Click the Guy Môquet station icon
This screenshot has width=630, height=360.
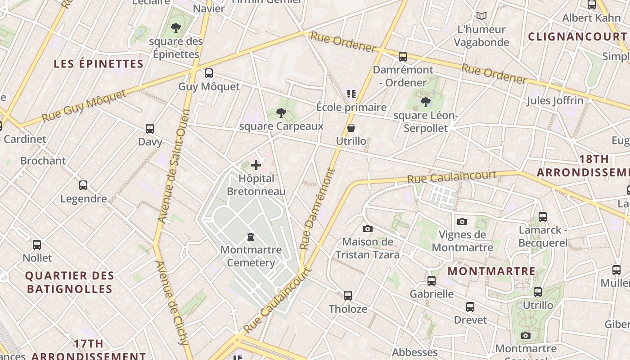point(208,73)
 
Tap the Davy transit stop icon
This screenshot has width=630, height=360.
point(150,129)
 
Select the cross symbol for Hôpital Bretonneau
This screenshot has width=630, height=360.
point(256,165)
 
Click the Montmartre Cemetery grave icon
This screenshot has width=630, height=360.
point(251,237)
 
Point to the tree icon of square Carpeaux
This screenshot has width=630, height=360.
point(281,113)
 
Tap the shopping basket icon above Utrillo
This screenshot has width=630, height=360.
point(351,128)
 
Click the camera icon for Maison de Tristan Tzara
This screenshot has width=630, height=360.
point(368,229)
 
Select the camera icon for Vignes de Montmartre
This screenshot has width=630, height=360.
point(462,221)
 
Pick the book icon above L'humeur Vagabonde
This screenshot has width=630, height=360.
point(481,16)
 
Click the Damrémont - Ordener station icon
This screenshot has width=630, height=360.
point(403,57)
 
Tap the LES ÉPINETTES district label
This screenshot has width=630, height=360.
point(99,64)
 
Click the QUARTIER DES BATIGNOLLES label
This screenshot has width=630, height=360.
point(70,282)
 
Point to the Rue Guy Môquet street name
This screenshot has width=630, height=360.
point(84,106)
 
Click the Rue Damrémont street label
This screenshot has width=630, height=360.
point(318,209)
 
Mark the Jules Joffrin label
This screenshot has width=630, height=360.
point(555,100)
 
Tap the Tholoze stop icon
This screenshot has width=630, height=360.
point(348,296)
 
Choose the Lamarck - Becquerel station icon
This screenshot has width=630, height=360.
point(543,217)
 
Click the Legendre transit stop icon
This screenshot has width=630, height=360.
point(83,185)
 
